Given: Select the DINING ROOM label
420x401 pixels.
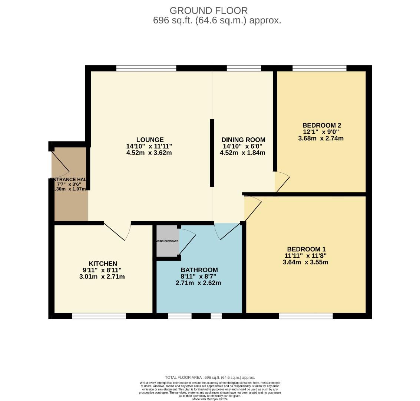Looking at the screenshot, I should tap(243, 140).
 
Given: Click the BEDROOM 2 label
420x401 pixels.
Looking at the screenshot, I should tap(321, 125).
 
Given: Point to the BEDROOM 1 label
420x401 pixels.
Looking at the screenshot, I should tap(306, 249).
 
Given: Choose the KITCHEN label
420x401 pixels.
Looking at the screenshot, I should tap(103, 264).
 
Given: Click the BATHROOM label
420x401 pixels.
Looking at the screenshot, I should tap(199, 270).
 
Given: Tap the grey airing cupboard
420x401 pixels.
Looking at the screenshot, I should tap(167, 241).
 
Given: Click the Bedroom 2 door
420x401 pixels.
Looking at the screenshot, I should tap(282, 182).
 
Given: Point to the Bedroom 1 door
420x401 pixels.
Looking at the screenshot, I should tap(253, 210).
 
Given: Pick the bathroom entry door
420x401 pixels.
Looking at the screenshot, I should tap(228, 232).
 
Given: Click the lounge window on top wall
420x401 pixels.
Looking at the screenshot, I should tap(146, 68).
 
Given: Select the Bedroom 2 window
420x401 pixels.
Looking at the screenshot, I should tap(319, 68).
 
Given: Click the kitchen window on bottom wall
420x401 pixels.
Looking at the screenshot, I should tap(99, 316).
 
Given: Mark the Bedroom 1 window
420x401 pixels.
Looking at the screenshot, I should tap(305, 316).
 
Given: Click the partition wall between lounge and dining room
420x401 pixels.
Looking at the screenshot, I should tap(212, 153).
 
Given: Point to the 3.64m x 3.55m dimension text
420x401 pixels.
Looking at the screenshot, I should tap(305, 262).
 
